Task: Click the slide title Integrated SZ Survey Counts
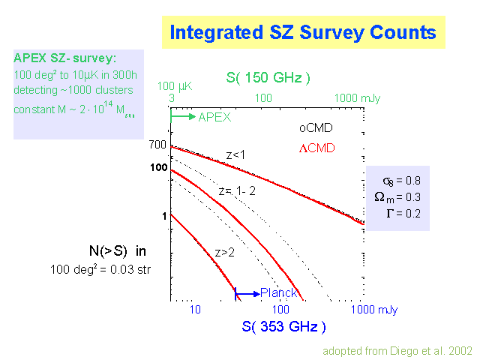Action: (303, 32)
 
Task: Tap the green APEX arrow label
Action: (214, 117)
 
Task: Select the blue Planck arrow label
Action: (278, 292)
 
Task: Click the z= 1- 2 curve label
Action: (237, 191)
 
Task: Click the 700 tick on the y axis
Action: (157, 144)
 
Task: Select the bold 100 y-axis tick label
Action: (157, 167)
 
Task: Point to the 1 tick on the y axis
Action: (162, 216)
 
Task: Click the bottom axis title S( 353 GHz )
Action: (283, 326)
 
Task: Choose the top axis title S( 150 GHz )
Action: (268, 78)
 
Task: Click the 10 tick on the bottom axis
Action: (195, 309)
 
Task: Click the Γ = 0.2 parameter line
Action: (402, 213)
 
